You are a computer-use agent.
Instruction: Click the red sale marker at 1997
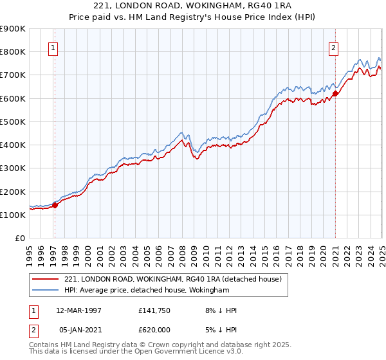click(x=55, y=205)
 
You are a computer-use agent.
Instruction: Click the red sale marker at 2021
click(x=335, y=93)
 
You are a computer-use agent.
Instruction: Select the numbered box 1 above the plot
click(x=53, y=47)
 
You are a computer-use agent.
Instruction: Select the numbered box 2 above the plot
click(x=334, y=47)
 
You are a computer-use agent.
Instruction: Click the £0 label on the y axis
click(x=21, y=239)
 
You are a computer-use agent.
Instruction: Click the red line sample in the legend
click(x=46, y=279)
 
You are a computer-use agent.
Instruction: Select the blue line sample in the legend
click(x=46, y=291)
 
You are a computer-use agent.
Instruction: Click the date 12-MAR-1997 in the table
click(x=78, y=310)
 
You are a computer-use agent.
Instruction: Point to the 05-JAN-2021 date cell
click(x=78, y=329)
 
